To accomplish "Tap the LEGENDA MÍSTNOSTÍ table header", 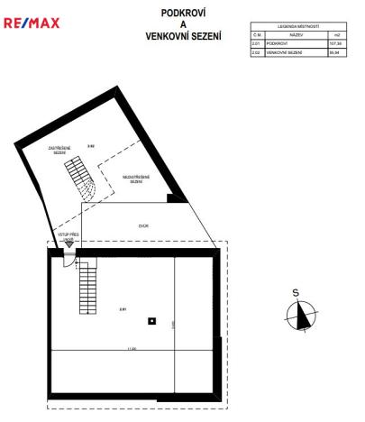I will (298, 28).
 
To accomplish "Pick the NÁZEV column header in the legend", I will (297, 36).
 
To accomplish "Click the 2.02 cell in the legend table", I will (256, 52).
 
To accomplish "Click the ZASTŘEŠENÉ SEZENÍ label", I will (59, 151).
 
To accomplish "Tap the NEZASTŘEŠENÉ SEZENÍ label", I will (136, 179).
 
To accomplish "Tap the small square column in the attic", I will (152, 320).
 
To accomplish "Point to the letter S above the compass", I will (296, 292).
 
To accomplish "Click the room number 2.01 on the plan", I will (123, 308).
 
